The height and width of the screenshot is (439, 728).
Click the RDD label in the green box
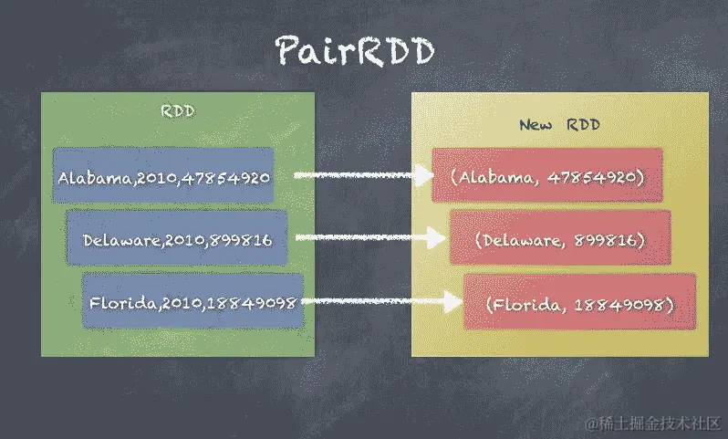coord(178,112)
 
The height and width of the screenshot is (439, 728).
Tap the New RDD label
coord(559,125)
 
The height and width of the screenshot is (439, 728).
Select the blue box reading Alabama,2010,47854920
coord(163,176)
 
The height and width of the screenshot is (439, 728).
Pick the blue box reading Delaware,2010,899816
coord(177,239)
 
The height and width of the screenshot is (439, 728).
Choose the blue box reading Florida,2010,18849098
coord(192,301)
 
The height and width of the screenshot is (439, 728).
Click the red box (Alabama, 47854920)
coord(547,176)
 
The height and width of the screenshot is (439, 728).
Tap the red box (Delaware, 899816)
coord(560,238)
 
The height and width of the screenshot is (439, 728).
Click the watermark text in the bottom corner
coord(654,424)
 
